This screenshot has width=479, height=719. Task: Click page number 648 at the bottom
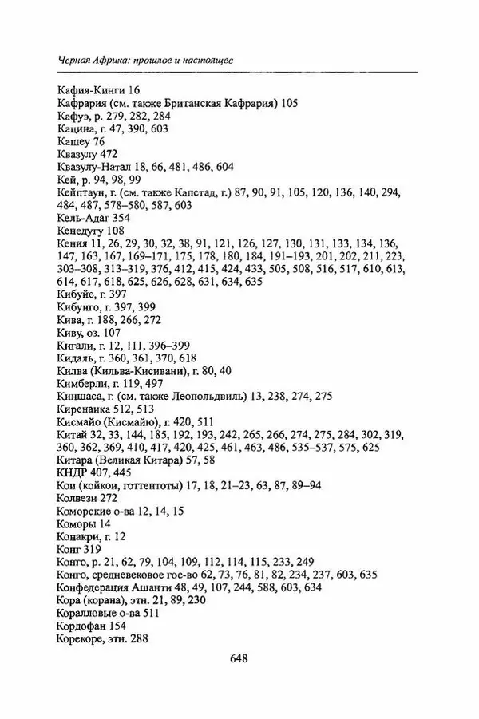tap(239, 659)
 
